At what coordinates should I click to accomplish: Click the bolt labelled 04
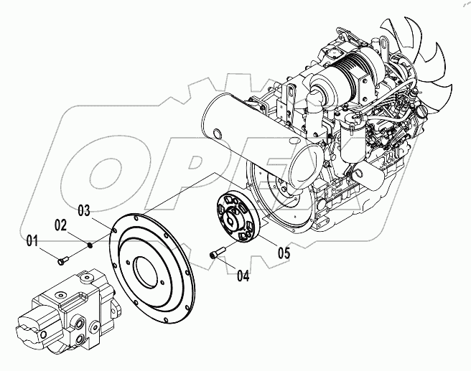point(218,252)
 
